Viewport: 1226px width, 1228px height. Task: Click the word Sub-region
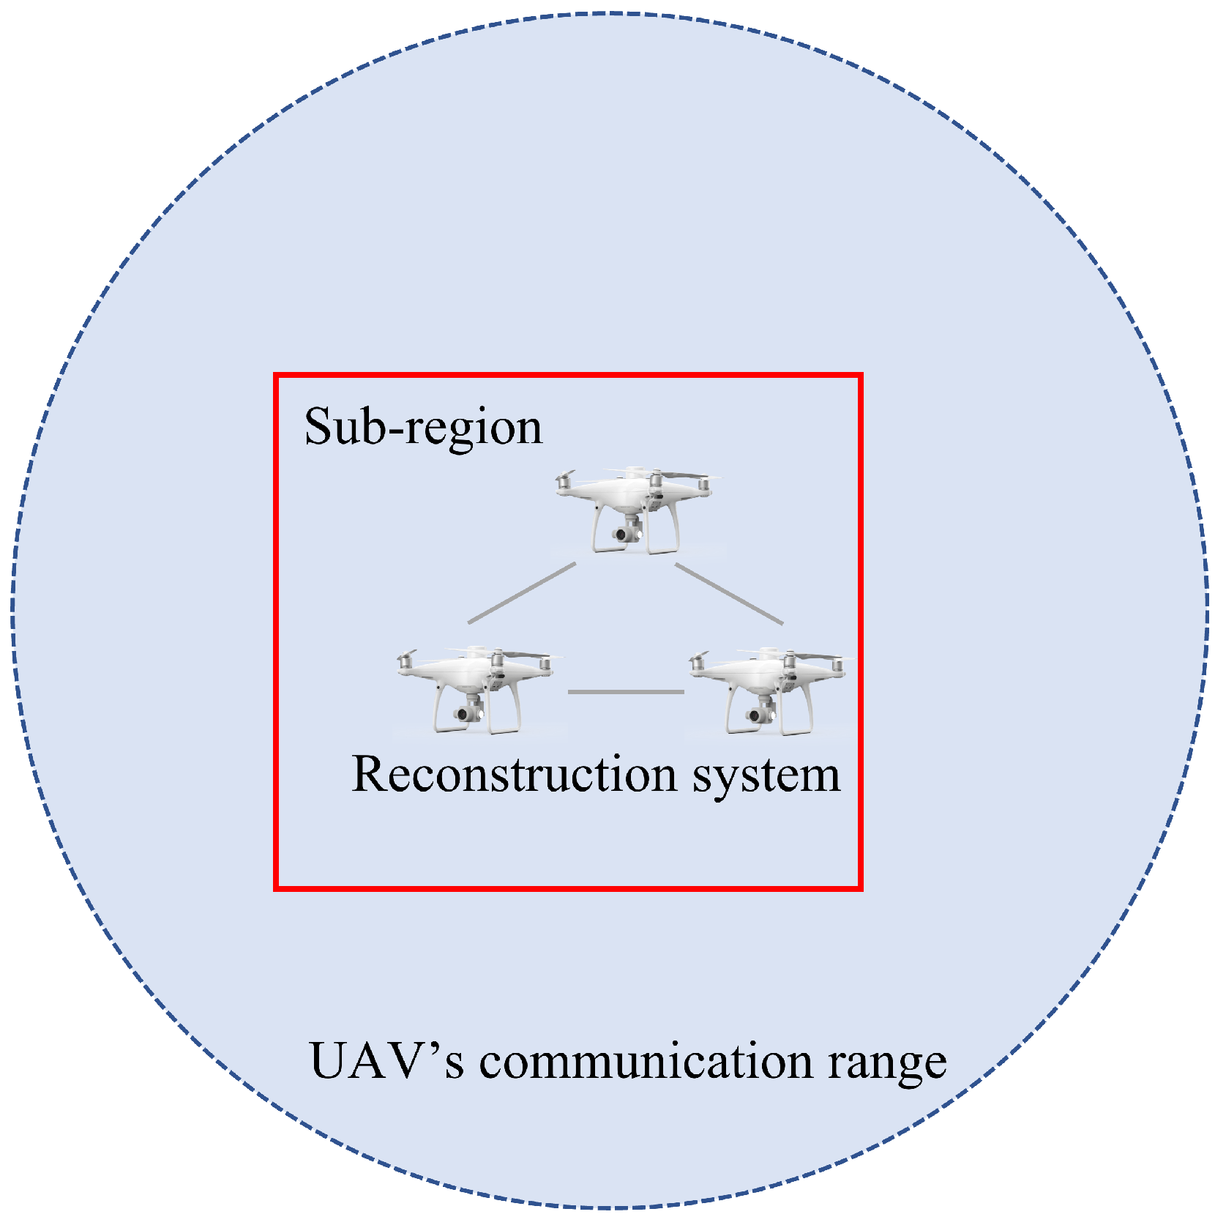click(423, 427)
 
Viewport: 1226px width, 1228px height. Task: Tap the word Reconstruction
click(515, 775)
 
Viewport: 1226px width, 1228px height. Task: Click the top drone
click(634, 509)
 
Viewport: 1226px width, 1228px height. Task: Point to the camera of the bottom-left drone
click(462, 713)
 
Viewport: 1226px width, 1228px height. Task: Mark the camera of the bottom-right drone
click(755, 715)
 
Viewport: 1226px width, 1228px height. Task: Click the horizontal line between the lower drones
click(626, 691)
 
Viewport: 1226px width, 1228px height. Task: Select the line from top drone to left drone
click(522, 592)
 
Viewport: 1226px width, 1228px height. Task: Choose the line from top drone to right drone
click(729, 594)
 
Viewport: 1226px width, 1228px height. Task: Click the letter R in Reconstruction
click(369, 774)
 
